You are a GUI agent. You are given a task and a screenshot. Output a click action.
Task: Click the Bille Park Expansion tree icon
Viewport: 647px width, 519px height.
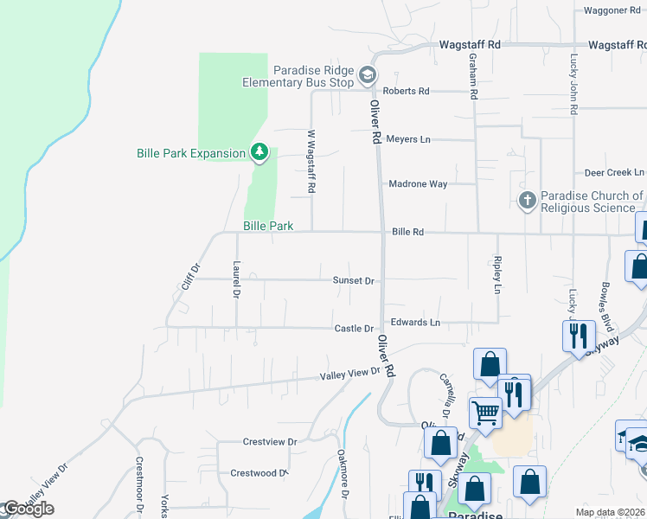[259, 153]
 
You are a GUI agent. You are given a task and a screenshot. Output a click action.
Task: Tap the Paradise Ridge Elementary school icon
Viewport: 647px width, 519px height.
[368, 75]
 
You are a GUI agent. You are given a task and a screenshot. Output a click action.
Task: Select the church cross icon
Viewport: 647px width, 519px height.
[527, 201]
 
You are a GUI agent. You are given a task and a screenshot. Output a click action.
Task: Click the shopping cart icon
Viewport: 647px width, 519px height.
[485, 413]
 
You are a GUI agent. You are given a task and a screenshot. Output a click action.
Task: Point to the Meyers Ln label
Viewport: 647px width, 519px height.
[407, 138]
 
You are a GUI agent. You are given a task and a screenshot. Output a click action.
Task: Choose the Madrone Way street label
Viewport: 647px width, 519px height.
[418, 184]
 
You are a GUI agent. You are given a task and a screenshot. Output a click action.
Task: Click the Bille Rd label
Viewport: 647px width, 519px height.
[407, 232]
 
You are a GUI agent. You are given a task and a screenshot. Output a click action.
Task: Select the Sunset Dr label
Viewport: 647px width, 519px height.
[354, 280]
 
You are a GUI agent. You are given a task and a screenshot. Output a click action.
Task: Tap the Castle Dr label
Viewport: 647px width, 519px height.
[354, 329]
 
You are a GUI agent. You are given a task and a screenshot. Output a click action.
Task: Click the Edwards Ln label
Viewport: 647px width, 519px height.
[415, 322]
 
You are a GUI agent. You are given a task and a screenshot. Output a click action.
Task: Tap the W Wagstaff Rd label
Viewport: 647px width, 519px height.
[311, 161]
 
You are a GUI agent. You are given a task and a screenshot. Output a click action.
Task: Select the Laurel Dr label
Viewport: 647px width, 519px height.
[235, 279]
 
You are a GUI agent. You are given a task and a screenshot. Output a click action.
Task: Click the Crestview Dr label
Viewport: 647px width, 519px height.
[270, 442]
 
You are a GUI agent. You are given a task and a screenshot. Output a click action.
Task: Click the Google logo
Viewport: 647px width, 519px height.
[28, 509]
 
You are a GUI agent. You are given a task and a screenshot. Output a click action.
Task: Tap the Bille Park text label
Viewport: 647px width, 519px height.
[267, 226]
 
